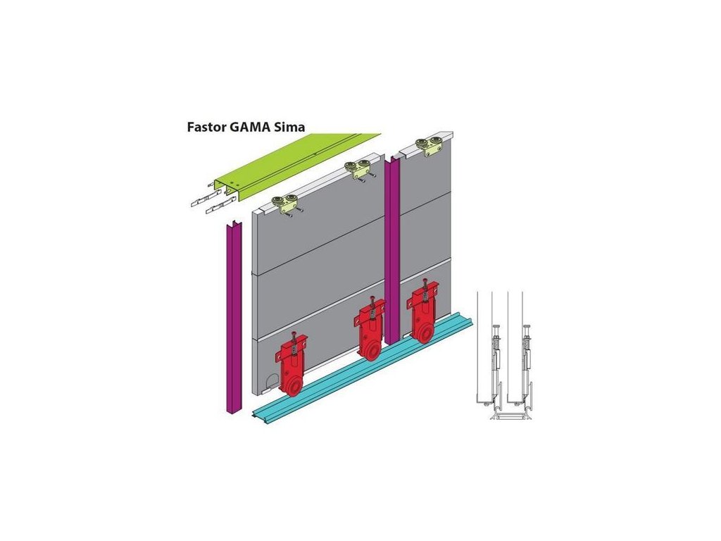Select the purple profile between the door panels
click(x=392, y=247)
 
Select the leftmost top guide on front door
click(x=287, y=204)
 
